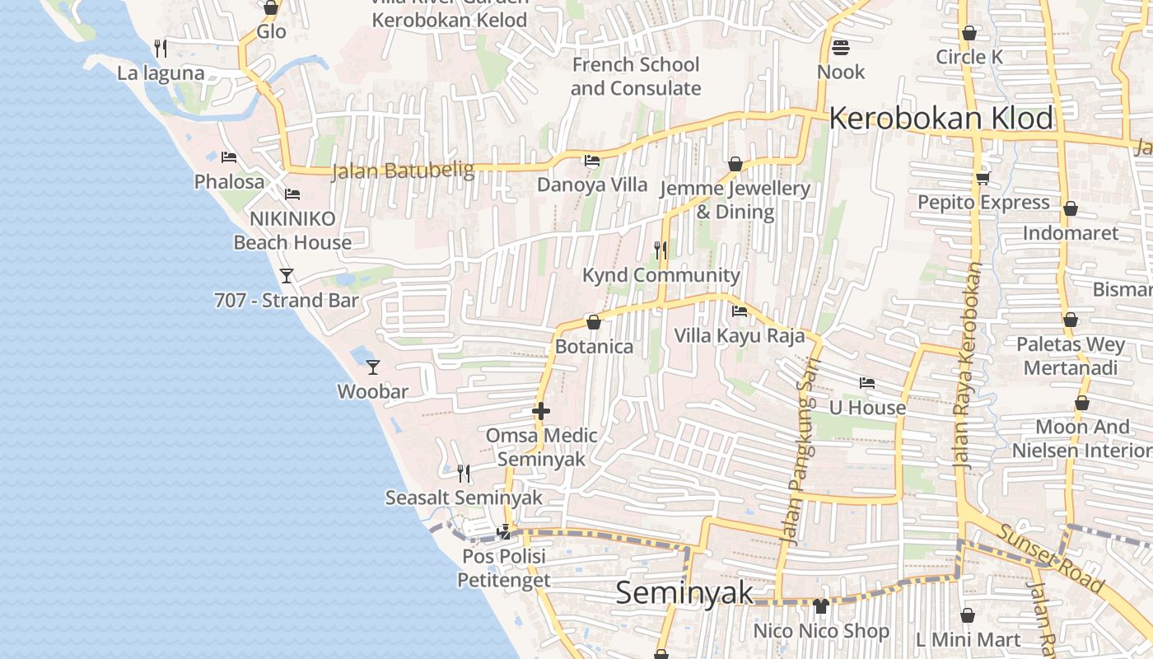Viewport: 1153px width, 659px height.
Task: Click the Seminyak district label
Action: click(x=684, y=592)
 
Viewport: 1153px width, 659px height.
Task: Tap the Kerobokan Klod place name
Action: click(x=941, y=119)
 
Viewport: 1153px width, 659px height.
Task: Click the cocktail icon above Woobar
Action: click(x=373, y=367)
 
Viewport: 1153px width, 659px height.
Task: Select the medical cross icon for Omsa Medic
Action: click(x=541, y=411)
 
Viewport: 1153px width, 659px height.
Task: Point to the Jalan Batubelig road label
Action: click(x=403, y=171)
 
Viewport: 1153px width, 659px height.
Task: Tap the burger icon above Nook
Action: click(x=841, y=48)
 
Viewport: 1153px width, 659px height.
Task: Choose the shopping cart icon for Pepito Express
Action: click(x=983, y=178)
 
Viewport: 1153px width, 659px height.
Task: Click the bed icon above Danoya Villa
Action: click(x=592, y=161)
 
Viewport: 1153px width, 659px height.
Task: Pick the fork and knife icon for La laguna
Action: click(x=161, y=49)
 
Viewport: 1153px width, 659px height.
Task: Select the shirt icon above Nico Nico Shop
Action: click(x=821, y=607)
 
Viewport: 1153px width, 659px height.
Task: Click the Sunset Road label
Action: click(x=1050, y=557)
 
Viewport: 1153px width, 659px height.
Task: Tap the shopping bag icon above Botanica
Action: click(x=594, y=322)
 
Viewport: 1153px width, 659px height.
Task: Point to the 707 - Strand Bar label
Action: click(x=287, y=301)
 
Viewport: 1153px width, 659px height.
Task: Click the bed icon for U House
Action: click(x=867, y=383)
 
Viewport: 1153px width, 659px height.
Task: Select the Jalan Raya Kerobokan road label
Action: click(x=968, y=367)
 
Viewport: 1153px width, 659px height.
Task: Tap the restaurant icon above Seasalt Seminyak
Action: click(x=464, y=474)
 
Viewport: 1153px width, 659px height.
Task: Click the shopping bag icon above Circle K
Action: click(x=969, y=34)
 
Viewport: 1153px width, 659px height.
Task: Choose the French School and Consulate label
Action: click(x=636, y=76)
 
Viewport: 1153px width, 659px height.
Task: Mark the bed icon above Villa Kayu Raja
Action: click(x=740, y=311)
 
